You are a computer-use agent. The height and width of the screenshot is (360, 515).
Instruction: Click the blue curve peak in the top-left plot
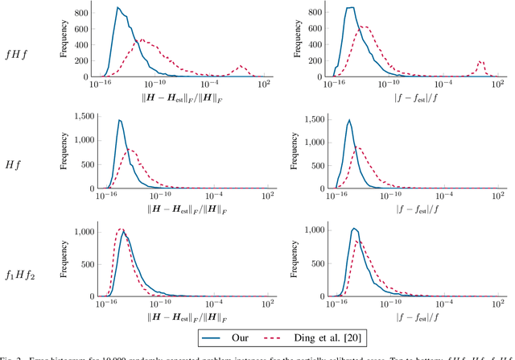click(x=118, y=8)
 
